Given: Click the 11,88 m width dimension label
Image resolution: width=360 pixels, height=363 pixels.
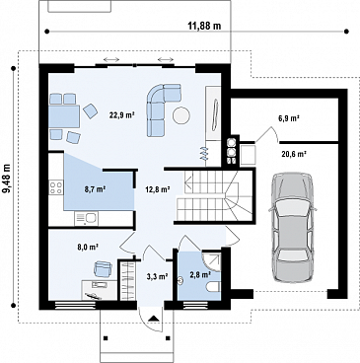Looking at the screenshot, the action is [x=204, y=26].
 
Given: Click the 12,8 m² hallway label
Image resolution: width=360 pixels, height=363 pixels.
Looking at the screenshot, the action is [x=158, y=189].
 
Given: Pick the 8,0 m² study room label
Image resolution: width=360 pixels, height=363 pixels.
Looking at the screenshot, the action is [x=89, y=247].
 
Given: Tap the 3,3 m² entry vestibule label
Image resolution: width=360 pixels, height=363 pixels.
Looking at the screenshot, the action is [x=158, y=276].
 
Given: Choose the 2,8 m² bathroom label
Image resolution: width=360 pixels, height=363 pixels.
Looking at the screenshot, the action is [x=200, y=274].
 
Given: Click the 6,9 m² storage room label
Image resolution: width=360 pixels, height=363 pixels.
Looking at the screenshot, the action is [x=289, y=118].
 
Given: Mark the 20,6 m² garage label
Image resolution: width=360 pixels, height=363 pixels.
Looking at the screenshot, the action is [x=294, y=153].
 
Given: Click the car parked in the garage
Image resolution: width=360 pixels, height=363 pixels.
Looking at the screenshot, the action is [x=293, y=228].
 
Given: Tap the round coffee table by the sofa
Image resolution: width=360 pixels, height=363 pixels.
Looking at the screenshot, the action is [x=181, y=115].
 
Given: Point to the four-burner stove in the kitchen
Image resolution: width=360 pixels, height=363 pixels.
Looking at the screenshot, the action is [x=55, y=187].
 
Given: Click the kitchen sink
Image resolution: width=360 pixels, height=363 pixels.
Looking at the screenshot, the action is [x=86, y=218].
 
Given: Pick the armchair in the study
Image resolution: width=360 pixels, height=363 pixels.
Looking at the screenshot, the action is [x=103, y=269].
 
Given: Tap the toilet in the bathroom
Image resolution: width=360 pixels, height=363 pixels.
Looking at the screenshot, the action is [x=213, y=288].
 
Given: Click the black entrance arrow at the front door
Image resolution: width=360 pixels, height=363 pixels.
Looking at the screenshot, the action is [x=154, y=318].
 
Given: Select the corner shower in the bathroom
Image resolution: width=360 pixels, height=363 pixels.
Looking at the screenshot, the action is [x=211, y=262].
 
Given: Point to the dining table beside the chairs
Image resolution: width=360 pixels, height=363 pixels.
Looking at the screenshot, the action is [x=64, y=116].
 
